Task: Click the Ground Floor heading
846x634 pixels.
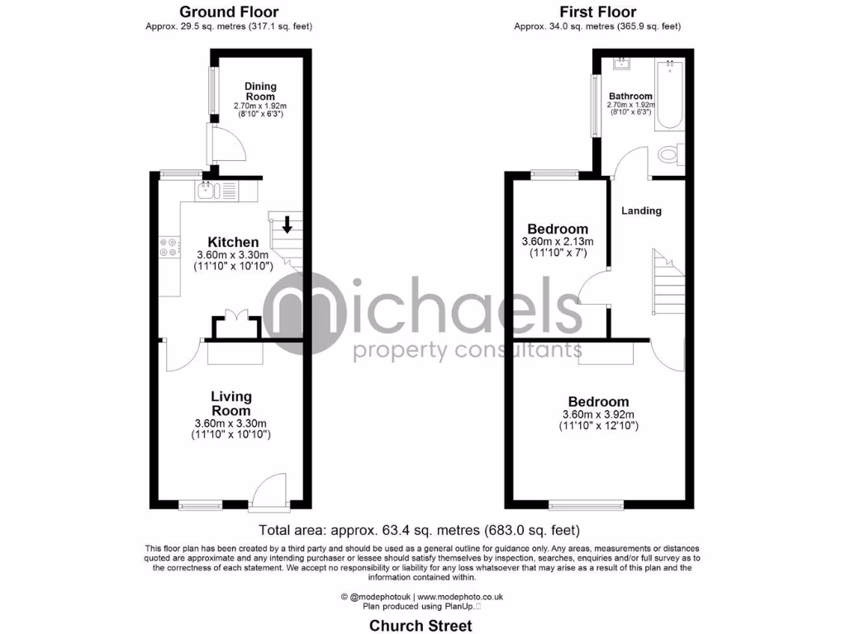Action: pos(229,12)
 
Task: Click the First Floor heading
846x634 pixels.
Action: pos(597,12)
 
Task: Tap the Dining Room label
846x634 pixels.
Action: pos(260,92)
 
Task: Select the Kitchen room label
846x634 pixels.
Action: pos(232,242)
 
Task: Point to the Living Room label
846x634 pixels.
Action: pos(231,404)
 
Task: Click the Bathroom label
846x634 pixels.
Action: pos(630,97)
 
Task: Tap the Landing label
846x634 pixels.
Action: pos(642,211)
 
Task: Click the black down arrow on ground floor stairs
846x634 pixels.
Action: pos(287,224)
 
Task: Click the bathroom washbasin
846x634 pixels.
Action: pos(621,64)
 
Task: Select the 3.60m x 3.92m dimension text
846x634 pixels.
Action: pos(597,414)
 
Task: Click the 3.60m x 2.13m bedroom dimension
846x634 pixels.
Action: pos(558,242)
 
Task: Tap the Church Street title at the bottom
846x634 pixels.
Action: pos(421,625)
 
